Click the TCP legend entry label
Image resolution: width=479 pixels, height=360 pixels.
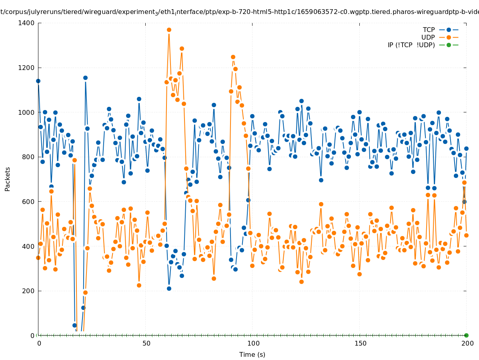point(429,30)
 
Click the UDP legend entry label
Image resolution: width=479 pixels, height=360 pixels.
point(428,37)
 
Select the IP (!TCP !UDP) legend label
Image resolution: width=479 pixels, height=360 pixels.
point(411,45)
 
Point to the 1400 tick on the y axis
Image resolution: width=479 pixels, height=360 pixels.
point(26,23)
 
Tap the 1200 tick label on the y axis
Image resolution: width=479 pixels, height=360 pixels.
point(26,68)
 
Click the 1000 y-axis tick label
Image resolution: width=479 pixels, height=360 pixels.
point(26,112)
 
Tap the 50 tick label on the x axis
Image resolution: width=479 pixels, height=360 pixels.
point(146,343)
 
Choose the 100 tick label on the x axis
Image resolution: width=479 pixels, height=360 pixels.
point(253,343)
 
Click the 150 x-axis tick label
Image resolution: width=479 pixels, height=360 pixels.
point(360,343)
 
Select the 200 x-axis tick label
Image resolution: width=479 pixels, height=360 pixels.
point(467,343)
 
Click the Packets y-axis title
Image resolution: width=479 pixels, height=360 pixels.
point(8,179)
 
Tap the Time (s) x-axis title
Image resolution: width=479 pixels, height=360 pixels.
point(252,354)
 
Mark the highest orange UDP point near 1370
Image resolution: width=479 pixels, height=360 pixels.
point(169,30)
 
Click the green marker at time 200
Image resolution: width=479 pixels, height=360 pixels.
point(466,335)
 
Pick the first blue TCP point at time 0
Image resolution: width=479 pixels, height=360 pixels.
point(38,81)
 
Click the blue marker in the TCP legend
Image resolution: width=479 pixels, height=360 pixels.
point(449,30)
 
